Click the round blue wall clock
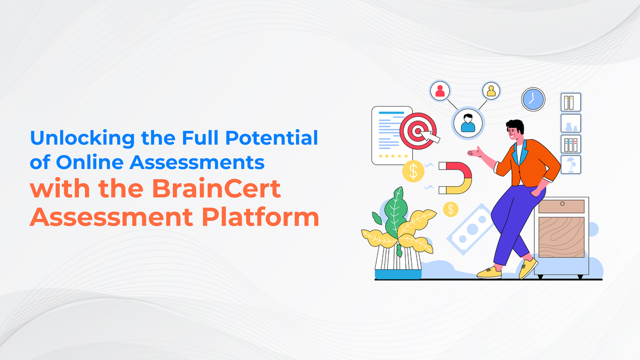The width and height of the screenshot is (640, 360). coord(532,99)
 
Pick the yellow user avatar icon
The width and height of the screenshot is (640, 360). coord(491,91)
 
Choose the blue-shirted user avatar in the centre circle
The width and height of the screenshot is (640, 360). coord(467,122)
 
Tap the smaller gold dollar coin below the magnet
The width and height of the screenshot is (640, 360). coord(451,209)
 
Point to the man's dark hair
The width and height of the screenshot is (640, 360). coord(515,127)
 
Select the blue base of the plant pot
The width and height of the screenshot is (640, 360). coord(397,274)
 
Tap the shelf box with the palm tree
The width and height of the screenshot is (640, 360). coord(571,164)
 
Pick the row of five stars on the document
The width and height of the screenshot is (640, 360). coord(393,156)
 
